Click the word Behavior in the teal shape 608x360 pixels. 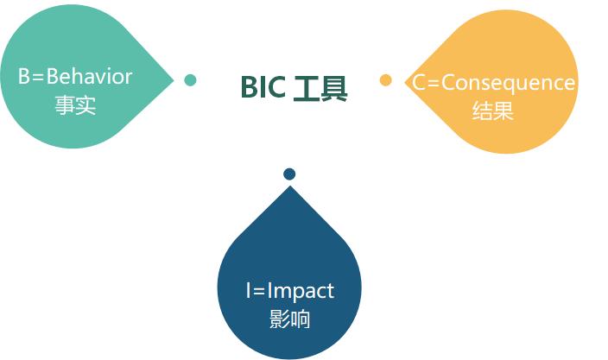click(x=90, y=76)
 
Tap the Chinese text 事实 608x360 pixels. click(x=75, y=105)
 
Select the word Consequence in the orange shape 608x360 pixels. click(x=508, y=83)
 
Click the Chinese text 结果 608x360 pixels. click(x=493, y=111)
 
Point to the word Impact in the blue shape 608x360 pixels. click(x=301, y=291)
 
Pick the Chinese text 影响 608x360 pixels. click(x=289, y=319)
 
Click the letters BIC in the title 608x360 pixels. click(x=263, y=87)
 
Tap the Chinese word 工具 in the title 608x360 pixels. click(x=320, y=88)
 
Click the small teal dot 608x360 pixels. click(x=190, y=80)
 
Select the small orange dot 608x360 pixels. click(x=385, y=80)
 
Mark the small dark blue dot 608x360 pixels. click(x=289, y=174)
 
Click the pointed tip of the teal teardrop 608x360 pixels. click(x=174, y=80)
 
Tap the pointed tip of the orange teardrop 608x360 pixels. click(x=405, y=82)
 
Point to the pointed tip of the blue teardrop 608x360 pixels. click(x=289, y=186)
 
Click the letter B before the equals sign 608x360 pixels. click(x=24, y=76)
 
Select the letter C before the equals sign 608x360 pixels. click(x=418, y=83)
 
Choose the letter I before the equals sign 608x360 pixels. click(x=248, y=290)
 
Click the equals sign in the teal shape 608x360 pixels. click(x=38, y=78)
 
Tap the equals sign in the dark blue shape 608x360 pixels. click(x=258, y=292)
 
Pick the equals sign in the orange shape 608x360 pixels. click(x=434, y=84)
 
